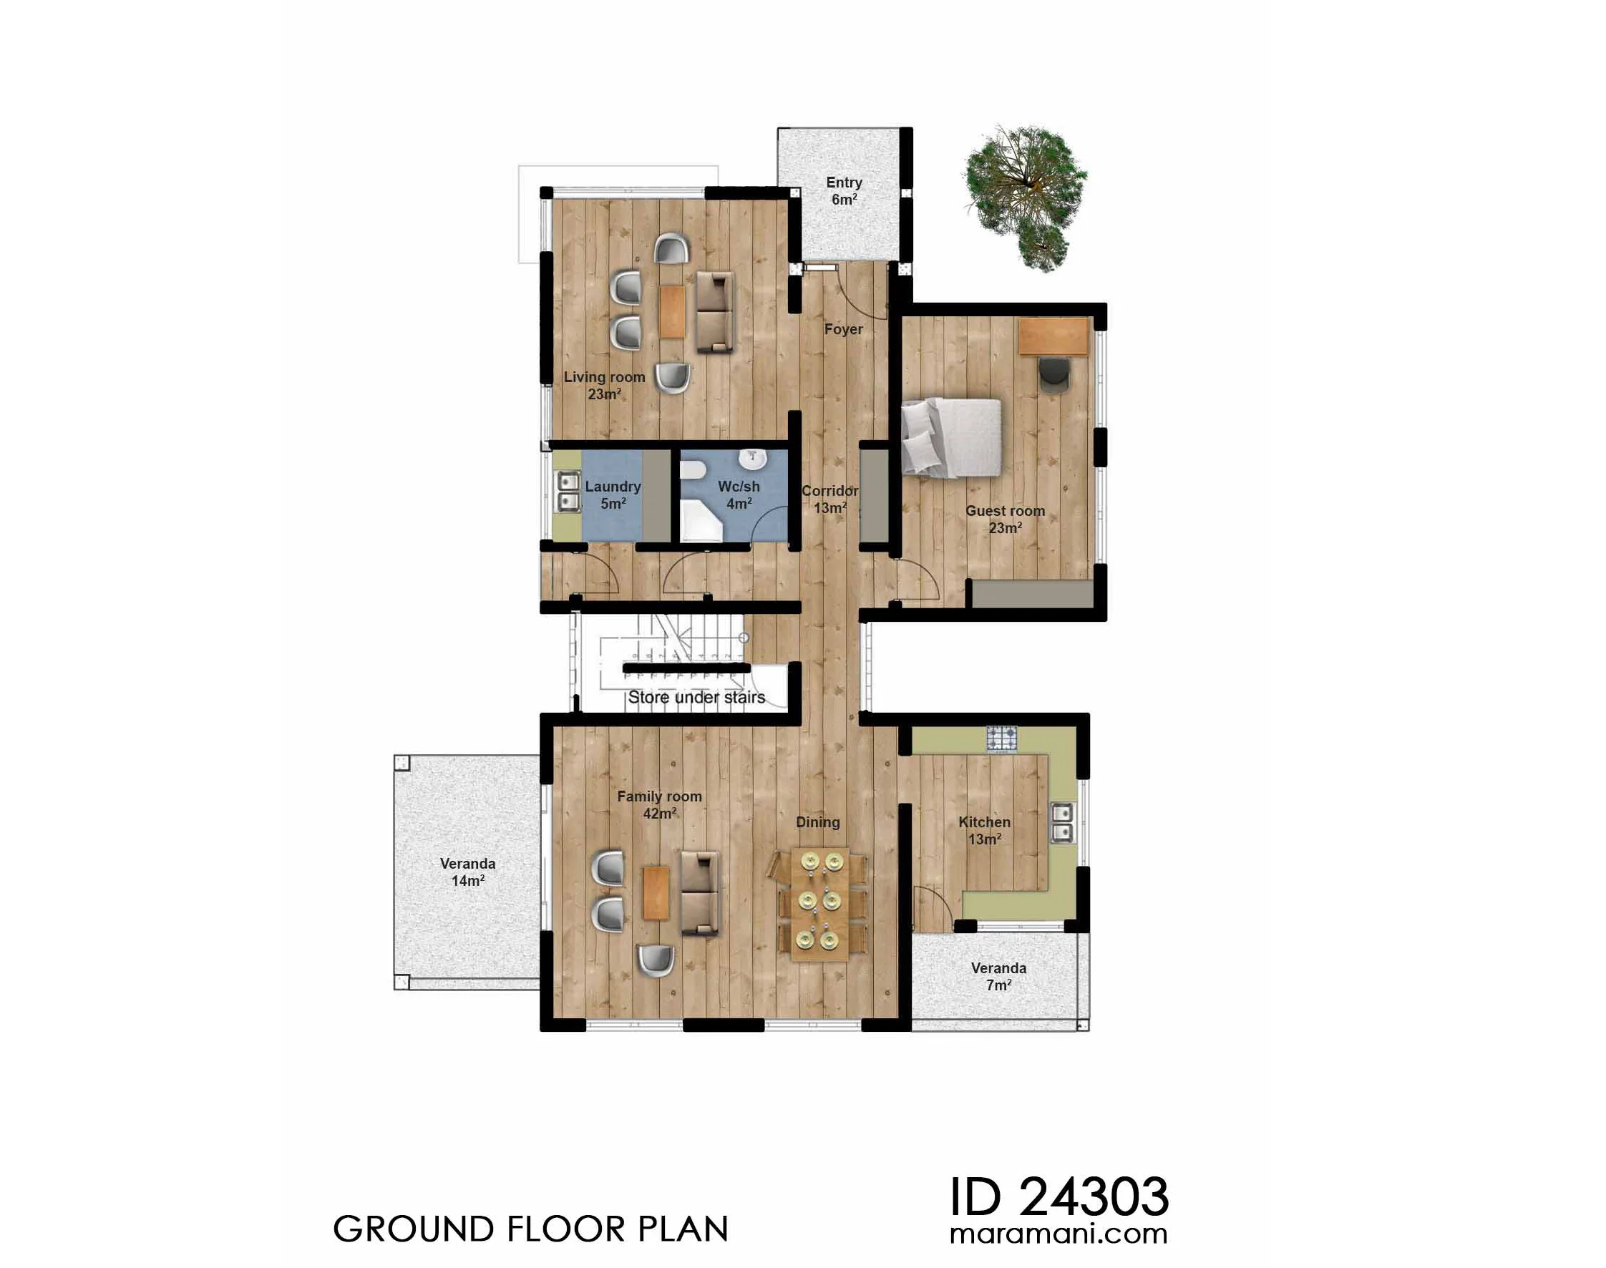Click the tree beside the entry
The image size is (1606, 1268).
1025,197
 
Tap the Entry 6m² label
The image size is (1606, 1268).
845,191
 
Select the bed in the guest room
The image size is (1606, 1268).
951,438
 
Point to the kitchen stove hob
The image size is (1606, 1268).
1002,739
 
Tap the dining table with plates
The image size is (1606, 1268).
819,904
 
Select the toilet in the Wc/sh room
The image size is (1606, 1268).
693,470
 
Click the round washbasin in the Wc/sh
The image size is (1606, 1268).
753,459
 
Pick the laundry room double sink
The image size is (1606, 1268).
568,492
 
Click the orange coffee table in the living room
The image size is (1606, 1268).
673,312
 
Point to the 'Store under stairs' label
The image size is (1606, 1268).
696,698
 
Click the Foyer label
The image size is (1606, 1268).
844,329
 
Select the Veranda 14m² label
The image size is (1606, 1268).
468,872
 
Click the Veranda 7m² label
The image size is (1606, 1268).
998,976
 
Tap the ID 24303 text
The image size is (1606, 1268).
1059,1196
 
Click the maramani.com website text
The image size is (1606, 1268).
1058,1234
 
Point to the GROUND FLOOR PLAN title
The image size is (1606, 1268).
531,1229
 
